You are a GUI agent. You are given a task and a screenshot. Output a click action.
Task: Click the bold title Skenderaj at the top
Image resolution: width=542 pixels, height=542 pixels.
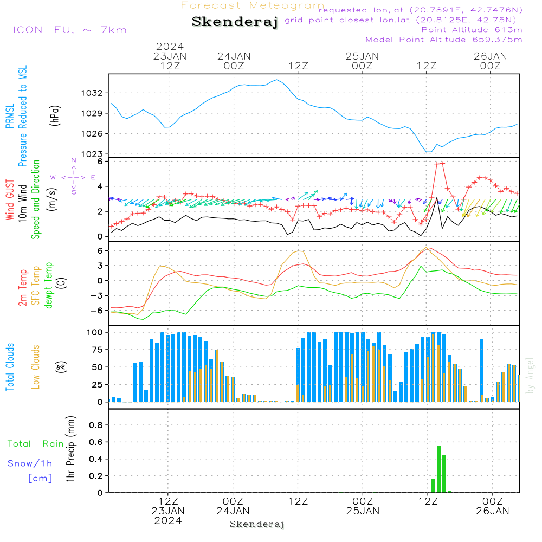pos(235,22)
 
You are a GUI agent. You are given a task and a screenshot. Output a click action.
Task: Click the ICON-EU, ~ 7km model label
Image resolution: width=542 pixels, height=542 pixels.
pos(70,30)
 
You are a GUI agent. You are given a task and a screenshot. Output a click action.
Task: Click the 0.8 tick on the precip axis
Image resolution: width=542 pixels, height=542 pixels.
pos(96,425)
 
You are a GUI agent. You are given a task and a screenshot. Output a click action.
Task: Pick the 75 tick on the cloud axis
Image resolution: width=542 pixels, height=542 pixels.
pos(97,350)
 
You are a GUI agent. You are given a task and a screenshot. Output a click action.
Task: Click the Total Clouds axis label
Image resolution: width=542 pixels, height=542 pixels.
pos(10,367)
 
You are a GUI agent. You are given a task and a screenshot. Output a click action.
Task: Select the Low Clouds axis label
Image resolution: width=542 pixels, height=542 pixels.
pos(36,367)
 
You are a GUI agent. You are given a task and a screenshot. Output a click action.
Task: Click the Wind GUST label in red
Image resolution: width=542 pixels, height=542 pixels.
pos(10,199)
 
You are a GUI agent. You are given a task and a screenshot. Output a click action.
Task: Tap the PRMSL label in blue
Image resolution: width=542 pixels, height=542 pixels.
pos(10,116)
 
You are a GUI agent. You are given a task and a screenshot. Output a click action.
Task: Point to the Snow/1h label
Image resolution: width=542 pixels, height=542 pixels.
pos(30,463)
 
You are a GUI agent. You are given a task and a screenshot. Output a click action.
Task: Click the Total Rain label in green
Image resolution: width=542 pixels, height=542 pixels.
pos(36,444)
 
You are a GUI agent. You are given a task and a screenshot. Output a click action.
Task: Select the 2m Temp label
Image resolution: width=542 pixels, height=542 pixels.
pos(22,288)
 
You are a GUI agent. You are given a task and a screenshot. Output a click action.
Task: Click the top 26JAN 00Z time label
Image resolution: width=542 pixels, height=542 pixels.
pos(490,61)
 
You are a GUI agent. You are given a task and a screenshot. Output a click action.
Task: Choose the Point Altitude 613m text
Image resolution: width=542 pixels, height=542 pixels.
pos(472,30)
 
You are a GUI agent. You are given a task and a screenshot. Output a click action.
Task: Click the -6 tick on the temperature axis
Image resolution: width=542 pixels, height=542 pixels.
pos(96,311)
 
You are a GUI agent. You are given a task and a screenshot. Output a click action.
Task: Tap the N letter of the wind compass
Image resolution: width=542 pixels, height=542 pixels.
pos(74,160)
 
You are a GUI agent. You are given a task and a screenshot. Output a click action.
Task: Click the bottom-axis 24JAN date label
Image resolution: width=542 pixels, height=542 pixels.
pos(233,511)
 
